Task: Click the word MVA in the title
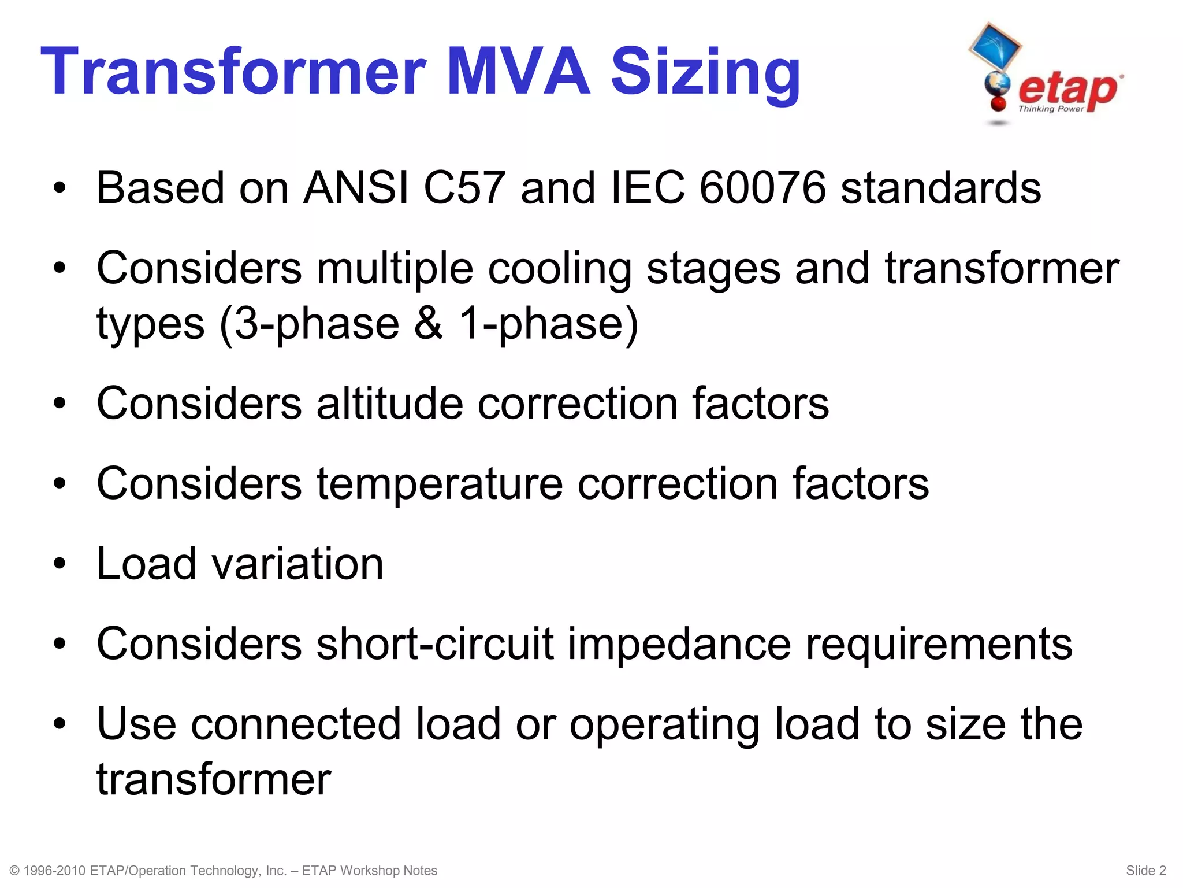[518, 72]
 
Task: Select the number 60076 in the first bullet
[762, 188]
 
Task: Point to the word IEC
[648, 188]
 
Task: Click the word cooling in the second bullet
[559, 270]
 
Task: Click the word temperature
[439, 484]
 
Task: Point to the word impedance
[679, 645]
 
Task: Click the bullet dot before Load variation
[59, 564]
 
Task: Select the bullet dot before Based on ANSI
[59, 188]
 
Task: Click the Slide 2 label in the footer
[1145, 871]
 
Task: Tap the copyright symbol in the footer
[15, 871]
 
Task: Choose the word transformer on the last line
[214, 780]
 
